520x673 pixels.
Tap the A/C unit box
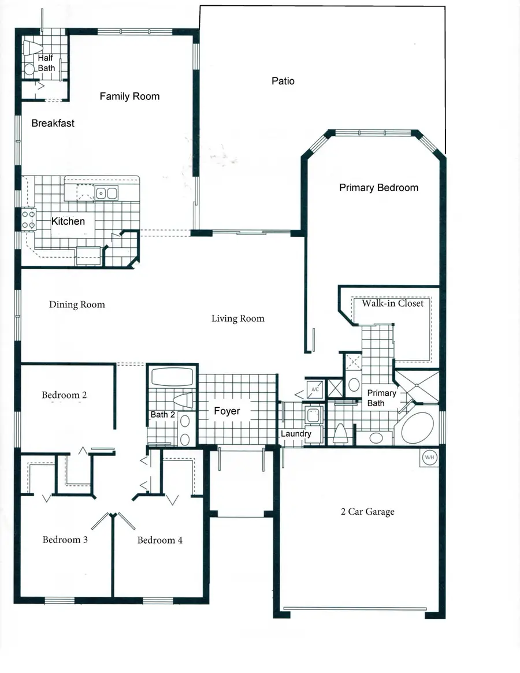pyautogui.click(x=315, y=390)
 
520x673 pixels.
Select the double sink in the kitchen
pyautogui.click(x=107, y=194)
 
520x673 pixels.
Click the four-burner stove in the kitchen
pyautogui.click(x=28, y=219)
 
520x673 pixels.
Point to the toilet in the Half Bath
pyautogui.click(x=32, y=48)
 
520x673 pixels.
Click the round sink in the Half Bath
pyautogui.click(x=29, y=70)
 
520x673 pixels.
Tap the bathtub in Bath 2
pyautogui.click(x=172, y=378)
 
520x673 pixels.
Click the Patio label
pyautogui.click(x=283, y=81)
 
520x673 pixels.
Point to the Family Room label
pyautogui.click(x=129, y=96)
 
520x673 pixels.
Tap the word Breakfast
pyautogui.click(x=53, y=123)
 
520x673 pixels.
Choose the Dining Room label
pyautogui.click(x=77, y=304)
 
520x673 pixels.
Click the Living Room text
pyautogui.click(x=237, y=318)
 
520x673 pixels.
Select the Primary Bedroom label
pyautogui.click(x=378, y=188)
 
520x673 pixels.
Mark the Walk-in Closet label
pyautogui.click(x=392, y=303)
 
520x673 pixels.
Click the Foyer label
pyautogui.click(x=226, y=411)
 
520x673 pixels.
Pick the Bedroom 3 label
pyautogui.click(x=65, y=540)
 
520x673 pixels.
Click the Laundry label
pyautogui.click(x=296, y=434)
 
